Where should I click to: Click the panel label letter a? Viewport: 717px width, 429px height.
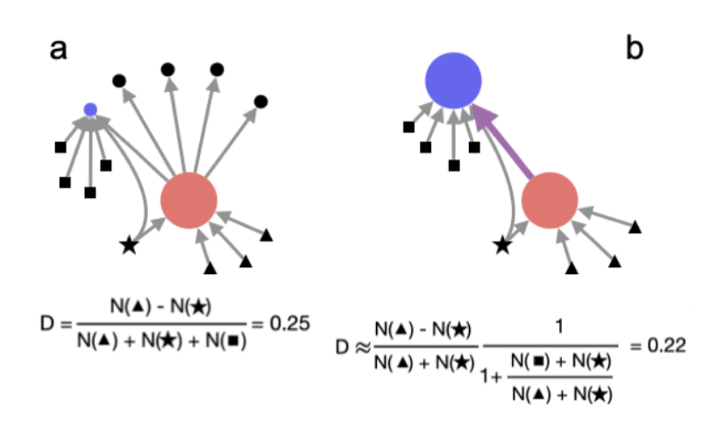pyautogui.click(x=58, y=50)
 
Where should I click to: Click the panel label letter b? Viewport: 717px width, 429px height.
pyautogui.click(x=634, y=49)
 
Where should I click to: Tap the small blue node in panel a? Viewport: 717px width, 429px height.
pyautogui.click(x=89, y=109)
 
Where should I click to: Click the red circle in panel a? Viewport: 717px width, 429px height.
pyautogui.click(x=188, y=200)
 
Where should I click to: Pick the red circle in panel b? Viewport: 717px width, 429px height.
pyautogui.click(x=550, y=200)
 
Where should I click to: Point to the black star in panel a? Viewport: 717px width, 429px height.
pyautogui.click(x=129, y=246)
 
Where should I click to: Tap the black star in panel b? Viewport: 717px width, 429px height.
pyautogui.click(x=502, y=246)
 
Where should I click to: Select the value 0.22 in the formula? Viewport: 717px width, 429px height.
pyautogui.click(x=666, y=345)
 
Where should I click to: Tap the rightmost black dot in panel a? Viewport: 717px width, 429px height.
pyautogui.click(x=260, y=102)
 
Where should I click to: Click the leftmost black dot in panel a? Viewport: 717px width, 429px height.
pyautogui.click(x=118, y=81)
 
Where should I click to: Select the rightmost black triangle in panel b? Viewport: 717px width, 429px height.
pyautogui.click(x=635, y=228)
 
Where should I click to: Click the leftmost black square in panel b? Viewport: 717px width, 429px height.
pyautogui.click(x=408, y=128)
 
